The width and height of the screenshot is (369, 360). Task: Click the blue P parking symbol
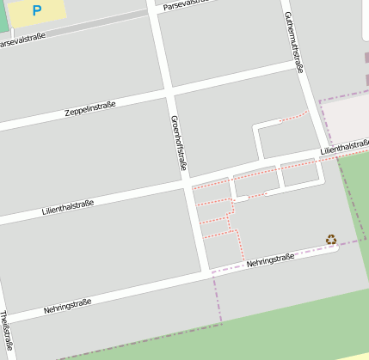pyautogui.click(x=36, y=10)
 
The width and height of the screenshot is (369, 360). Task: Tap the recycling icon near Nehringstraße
pyautogui.click(x=331, y=240)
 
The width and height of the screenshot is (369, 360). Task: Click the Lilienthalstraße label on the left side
pyautogui.click(x=67, y=206)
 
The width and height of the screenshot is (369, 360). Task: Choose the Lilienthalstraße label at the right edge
pyautogui.click(x=344, y=148)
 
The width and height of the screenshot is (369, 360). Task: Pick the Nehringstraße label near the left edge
pyautogui.click(x=67, y=306)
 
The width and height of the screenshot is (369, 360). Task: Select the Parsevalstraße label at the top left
pyautogui.click(x=22, y=40)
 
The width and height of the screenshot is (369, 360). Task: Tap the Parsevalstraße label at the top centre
pyautogui.click(x=186, y=3)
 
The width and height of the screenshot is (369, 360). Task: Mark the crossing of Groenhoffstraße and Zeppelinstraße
pyautogui.click(x=169, y=90)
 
